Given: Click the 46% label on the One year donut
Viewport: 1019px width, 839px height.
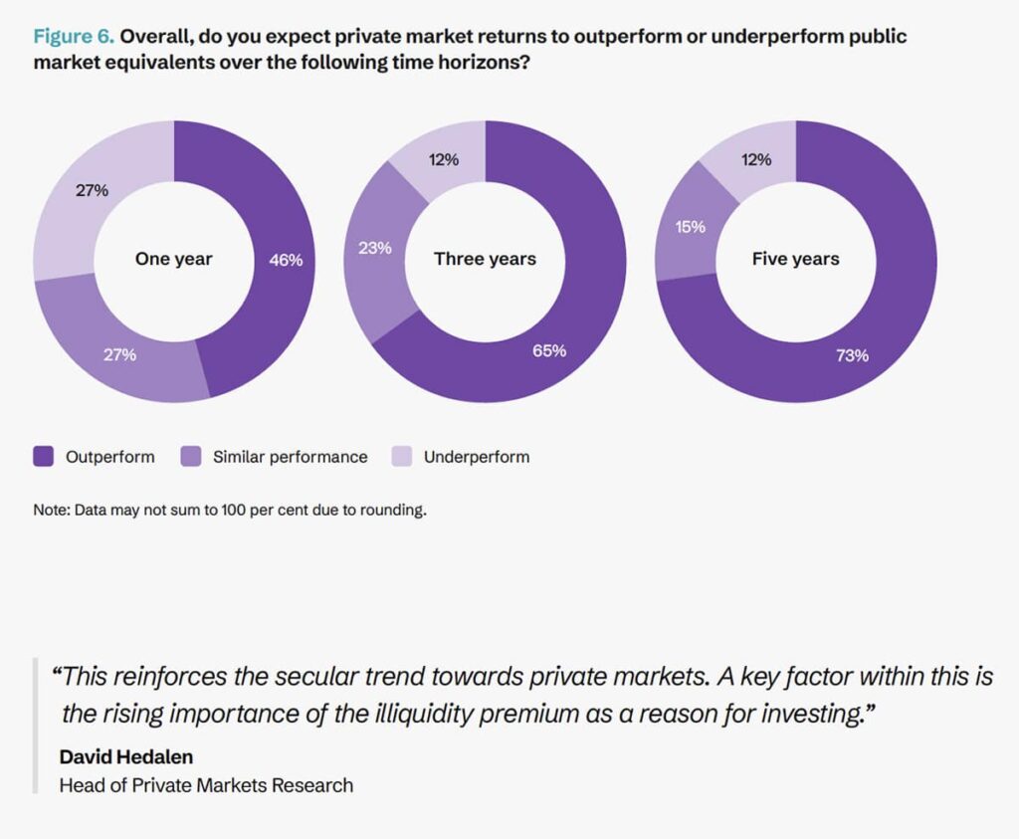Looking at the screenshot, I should [x=286, y=260].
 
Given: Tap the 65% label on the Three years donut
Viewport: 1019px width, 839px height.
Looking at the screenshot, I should [x=549, y=350].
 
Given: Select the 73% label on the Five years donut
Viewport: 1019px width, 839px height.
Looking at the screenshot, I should [x=852, y=355].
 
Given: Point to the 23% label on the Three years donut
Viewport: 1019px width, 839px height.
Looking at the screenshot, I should [x=375, y=248].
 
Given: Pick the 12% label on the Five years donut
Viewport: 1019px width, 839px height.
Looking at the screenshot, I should [x=757, y=159].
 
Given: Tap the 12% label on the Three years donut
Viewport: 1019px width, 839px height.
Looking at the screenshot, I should [x=444, y=159].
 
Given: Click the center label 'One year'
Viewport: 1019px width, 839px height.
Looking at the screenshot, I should [x=173, y=260].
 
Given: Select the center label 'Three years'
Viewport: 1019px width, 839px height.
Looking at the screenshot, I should [x=485, y=260].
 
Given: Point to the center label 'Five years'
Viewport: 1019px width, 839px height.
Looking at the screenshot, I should [x=795, y=260].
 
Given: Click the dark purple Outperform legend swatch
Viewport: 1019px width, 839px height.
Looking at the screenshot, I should [x=43, y=457].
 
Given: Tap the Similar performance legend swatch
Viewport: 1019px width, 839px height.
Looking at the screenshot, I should [x=190, y=457].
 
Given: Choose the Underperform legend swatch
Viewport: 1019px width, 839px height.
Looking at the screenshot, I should [x=401, y=457].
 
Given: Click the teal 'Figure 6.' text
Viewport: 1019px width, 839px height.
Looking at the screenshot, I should [x=75, y=38].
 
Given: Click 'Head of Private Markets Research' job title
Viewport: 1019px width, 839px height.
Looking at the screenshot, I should [x=206, y=785].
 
